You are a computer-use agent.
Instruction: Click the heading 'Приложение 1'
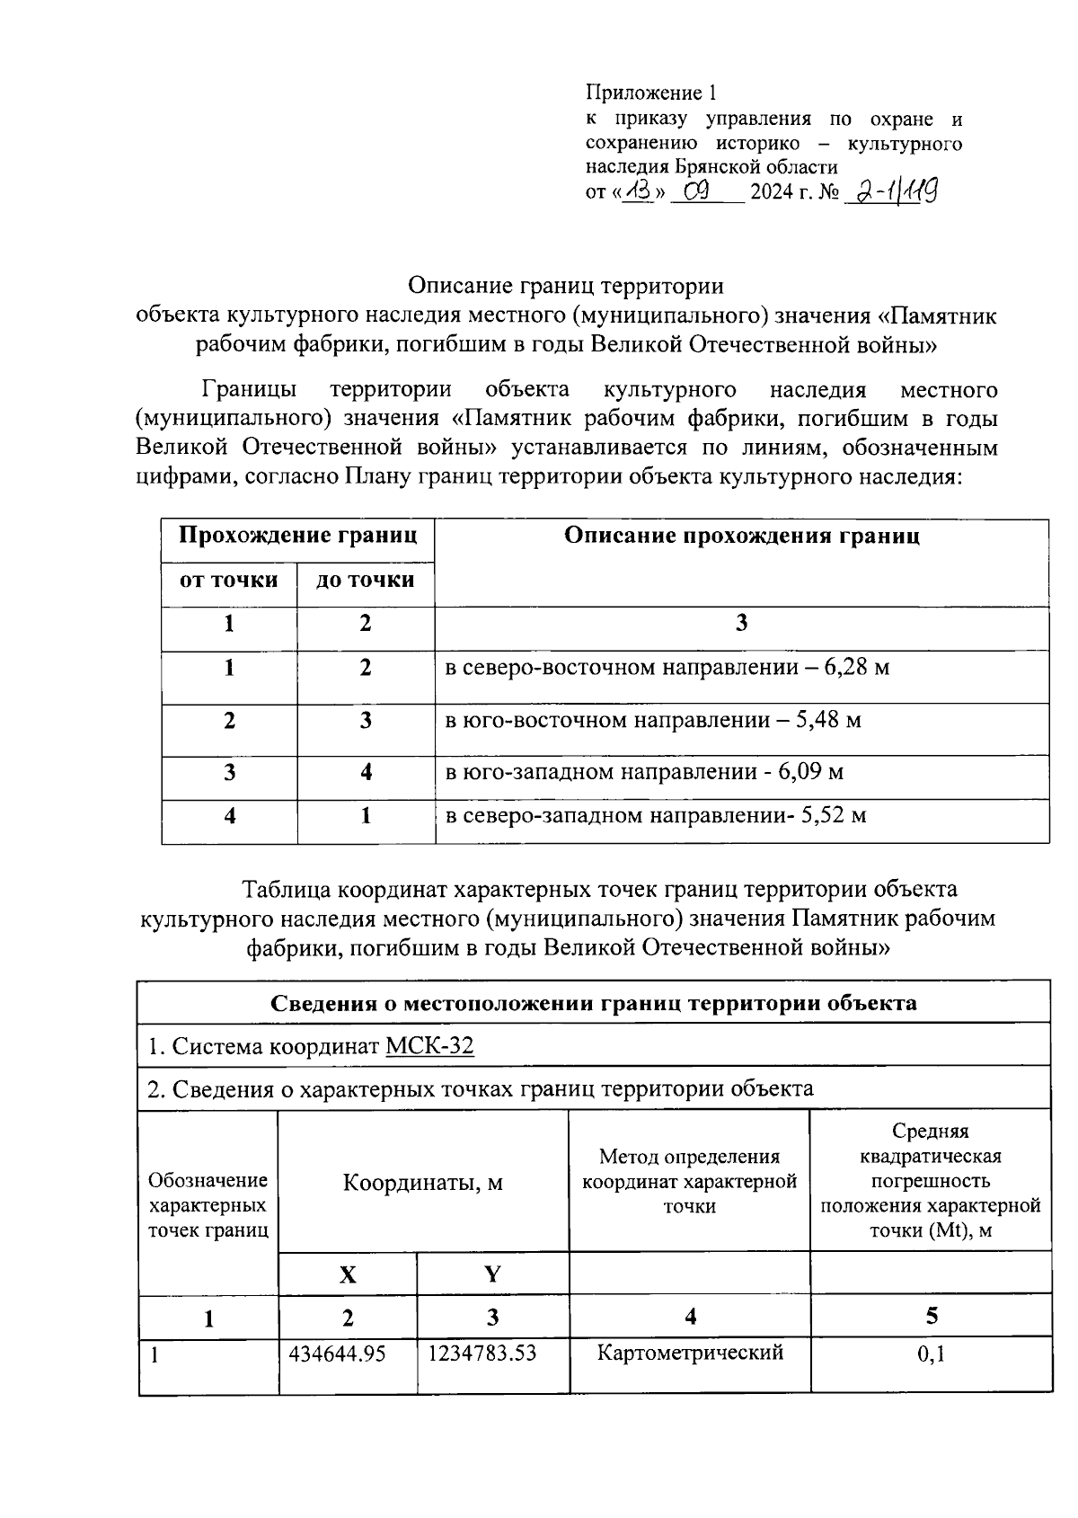tap(652, 93)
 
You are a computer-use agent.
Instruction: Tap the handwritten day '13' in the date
tap(641, 191)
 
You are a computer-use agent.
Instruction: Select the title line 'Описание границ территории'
tap(565, 286)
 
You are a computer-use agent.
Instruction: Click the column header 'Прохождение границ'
tap(297, 537)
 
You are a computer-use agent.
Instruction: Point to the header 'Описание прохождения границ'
tap(741, 537)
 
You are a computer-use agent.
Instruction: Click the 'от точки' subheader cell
tap(229, 581)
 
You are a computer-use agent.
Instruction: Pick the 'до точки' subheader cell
tap(365, 581)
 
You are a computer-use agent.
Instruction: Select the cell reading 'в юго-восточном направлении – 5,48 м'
tap(653, 721)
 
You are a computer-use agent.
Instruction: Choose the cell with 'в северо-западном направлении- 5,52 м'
tap(656, 816)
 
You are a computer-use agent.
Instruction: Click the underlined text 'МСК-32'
tap(429, 1046)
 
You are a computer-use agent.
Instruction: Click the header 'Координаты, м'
tap(422, 1182)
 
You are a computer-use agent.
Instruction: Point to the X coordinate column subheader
tap(347, 1274)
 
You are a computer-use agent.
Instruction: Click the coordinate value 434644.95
tap(337, 1354)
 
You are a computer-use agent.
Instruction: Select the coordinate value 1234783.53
tap(482, 1354)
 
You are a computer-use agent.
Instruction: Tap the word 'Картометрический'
tap(690, 1352)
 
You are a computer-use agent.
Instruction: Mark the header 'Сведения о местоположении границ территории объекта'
tap(594, 1003)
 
